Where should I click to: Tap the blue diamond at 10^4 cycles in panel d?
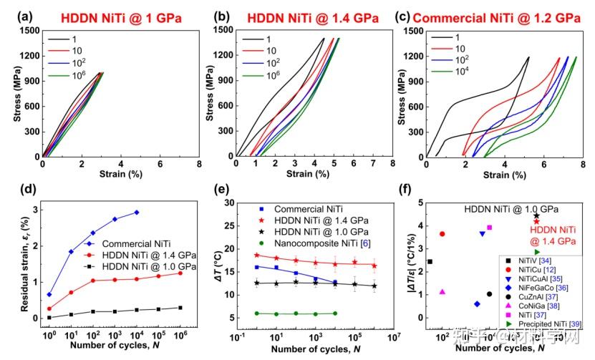[x=137, y=213]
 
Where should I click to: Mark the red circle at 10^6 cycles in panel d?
[x=180, y=273]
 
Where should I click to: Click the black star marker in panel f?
[x=536, y=215]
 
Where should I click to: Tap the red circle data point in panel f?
[x=442, y=234]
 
